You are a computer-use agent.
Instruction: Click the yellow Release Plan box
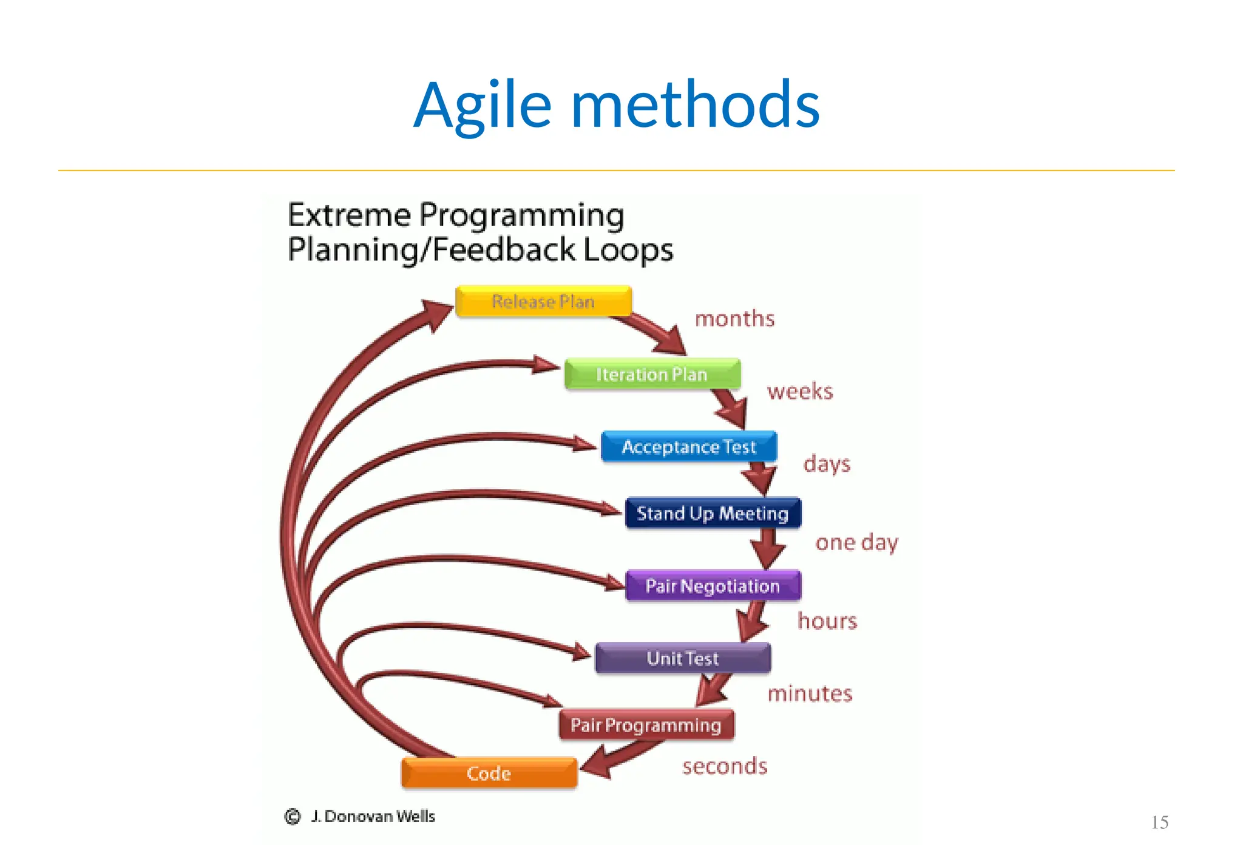543,301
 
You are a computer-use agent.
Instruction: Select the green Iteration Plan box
652,374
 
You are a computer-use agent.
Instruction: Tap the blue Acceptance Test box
689,447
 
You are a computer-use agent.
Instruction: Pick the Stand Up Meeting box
713,514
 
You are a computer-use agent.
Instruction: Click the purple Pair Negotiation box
713,586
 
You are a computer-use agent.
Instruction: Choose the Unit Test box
683,658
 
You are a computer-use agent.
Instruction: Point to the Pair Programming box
646,725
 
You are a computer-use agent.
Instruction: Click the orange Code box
489,773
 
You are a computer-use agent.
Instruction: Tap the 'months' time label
734,319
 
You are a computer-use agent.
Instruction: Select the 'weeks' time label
800,392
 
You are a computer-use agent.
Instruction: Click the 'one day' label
856,542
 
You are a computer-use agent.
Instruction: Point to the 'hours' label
827,621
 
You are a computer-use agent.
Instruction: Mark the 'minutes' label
810,693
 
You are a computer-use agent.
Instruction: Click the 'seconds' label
725,766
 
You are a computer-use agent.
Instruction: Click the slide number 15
1159,823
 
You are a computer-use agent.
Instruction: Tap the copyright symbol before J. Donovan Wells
293,817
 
